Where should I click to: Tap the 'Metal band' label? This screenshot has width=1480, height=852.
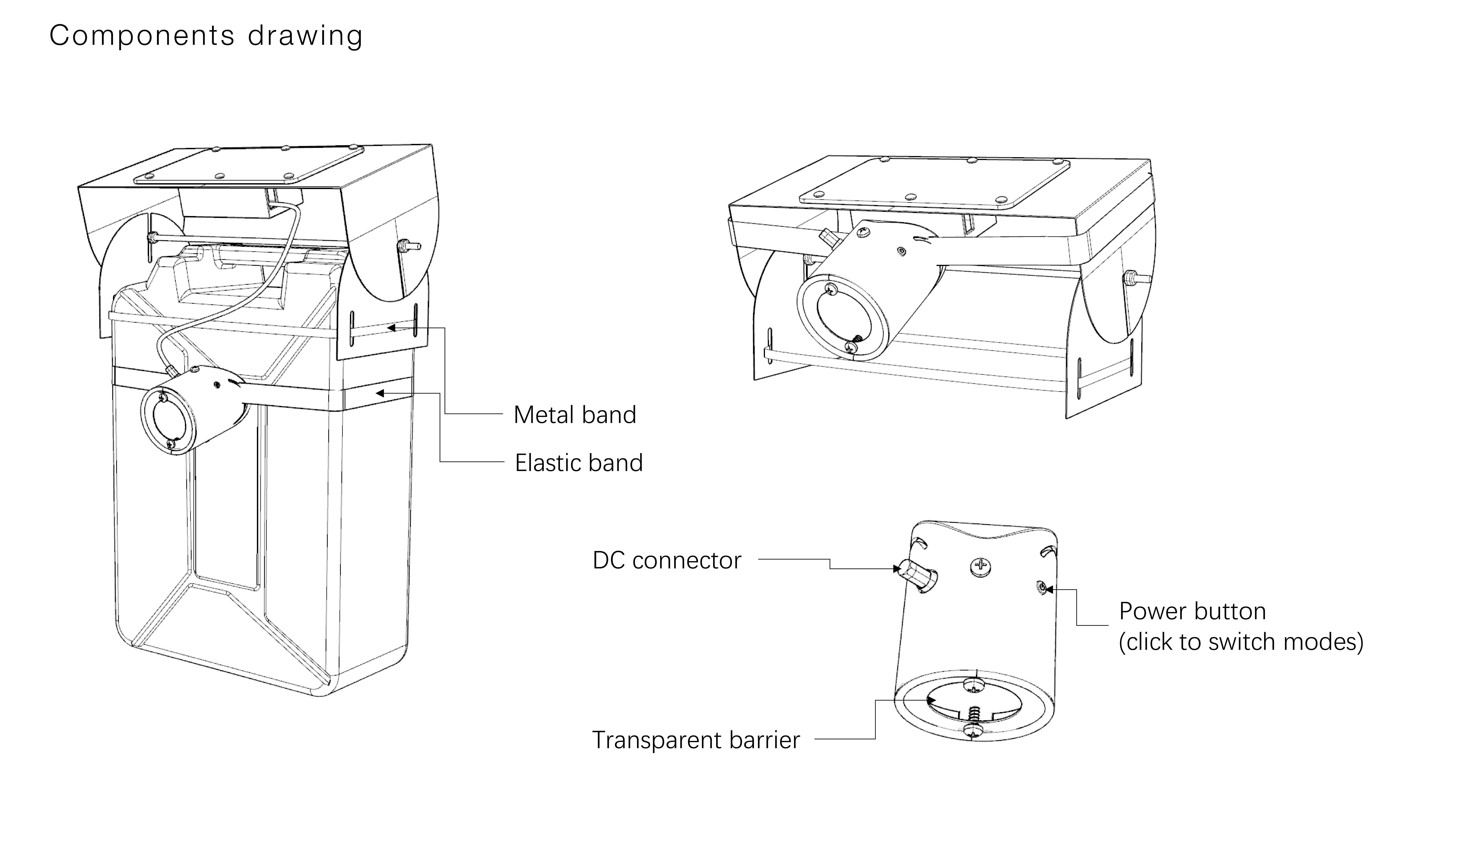pos(574,415)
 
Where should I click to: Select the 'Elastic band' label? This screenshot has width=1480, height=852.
pos(578,463)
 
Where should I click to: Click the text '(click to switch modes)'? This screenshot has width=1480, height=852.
pos(1241,642)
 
